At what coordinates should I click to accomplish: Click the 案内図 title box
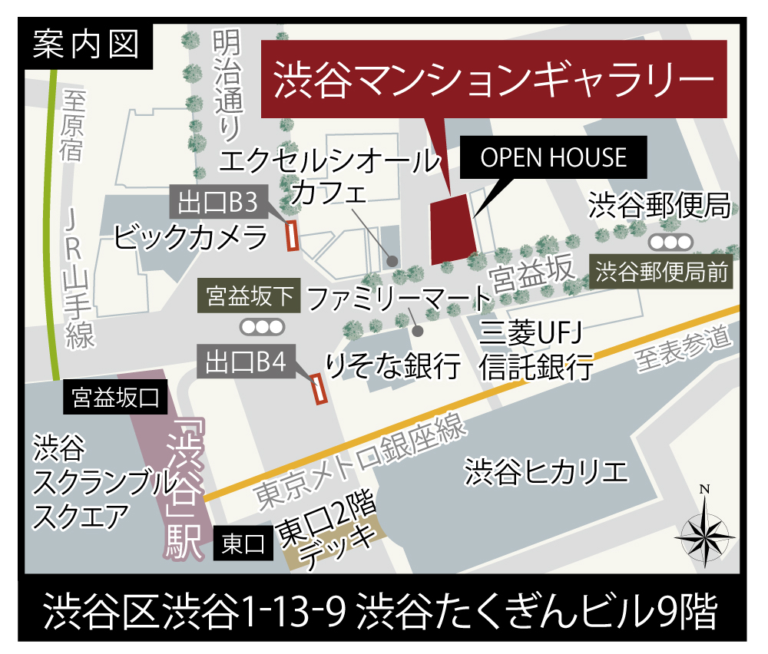87,45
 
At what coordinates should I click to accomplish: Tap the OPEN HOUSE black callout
553,158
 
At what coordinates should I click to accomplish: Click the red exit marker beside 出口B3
292,236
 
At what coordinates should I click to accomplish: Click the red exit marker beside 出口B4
319,388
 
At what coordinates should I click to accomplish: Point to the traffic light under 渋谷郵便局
670,243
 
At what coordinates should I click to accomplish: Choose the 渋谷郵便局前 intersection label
662,272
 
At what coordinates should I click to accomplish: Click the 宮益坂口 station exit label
114,397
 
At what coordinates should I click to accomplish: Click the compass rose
704,530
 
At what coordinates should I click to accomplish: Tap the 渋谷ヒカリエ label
546,471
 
